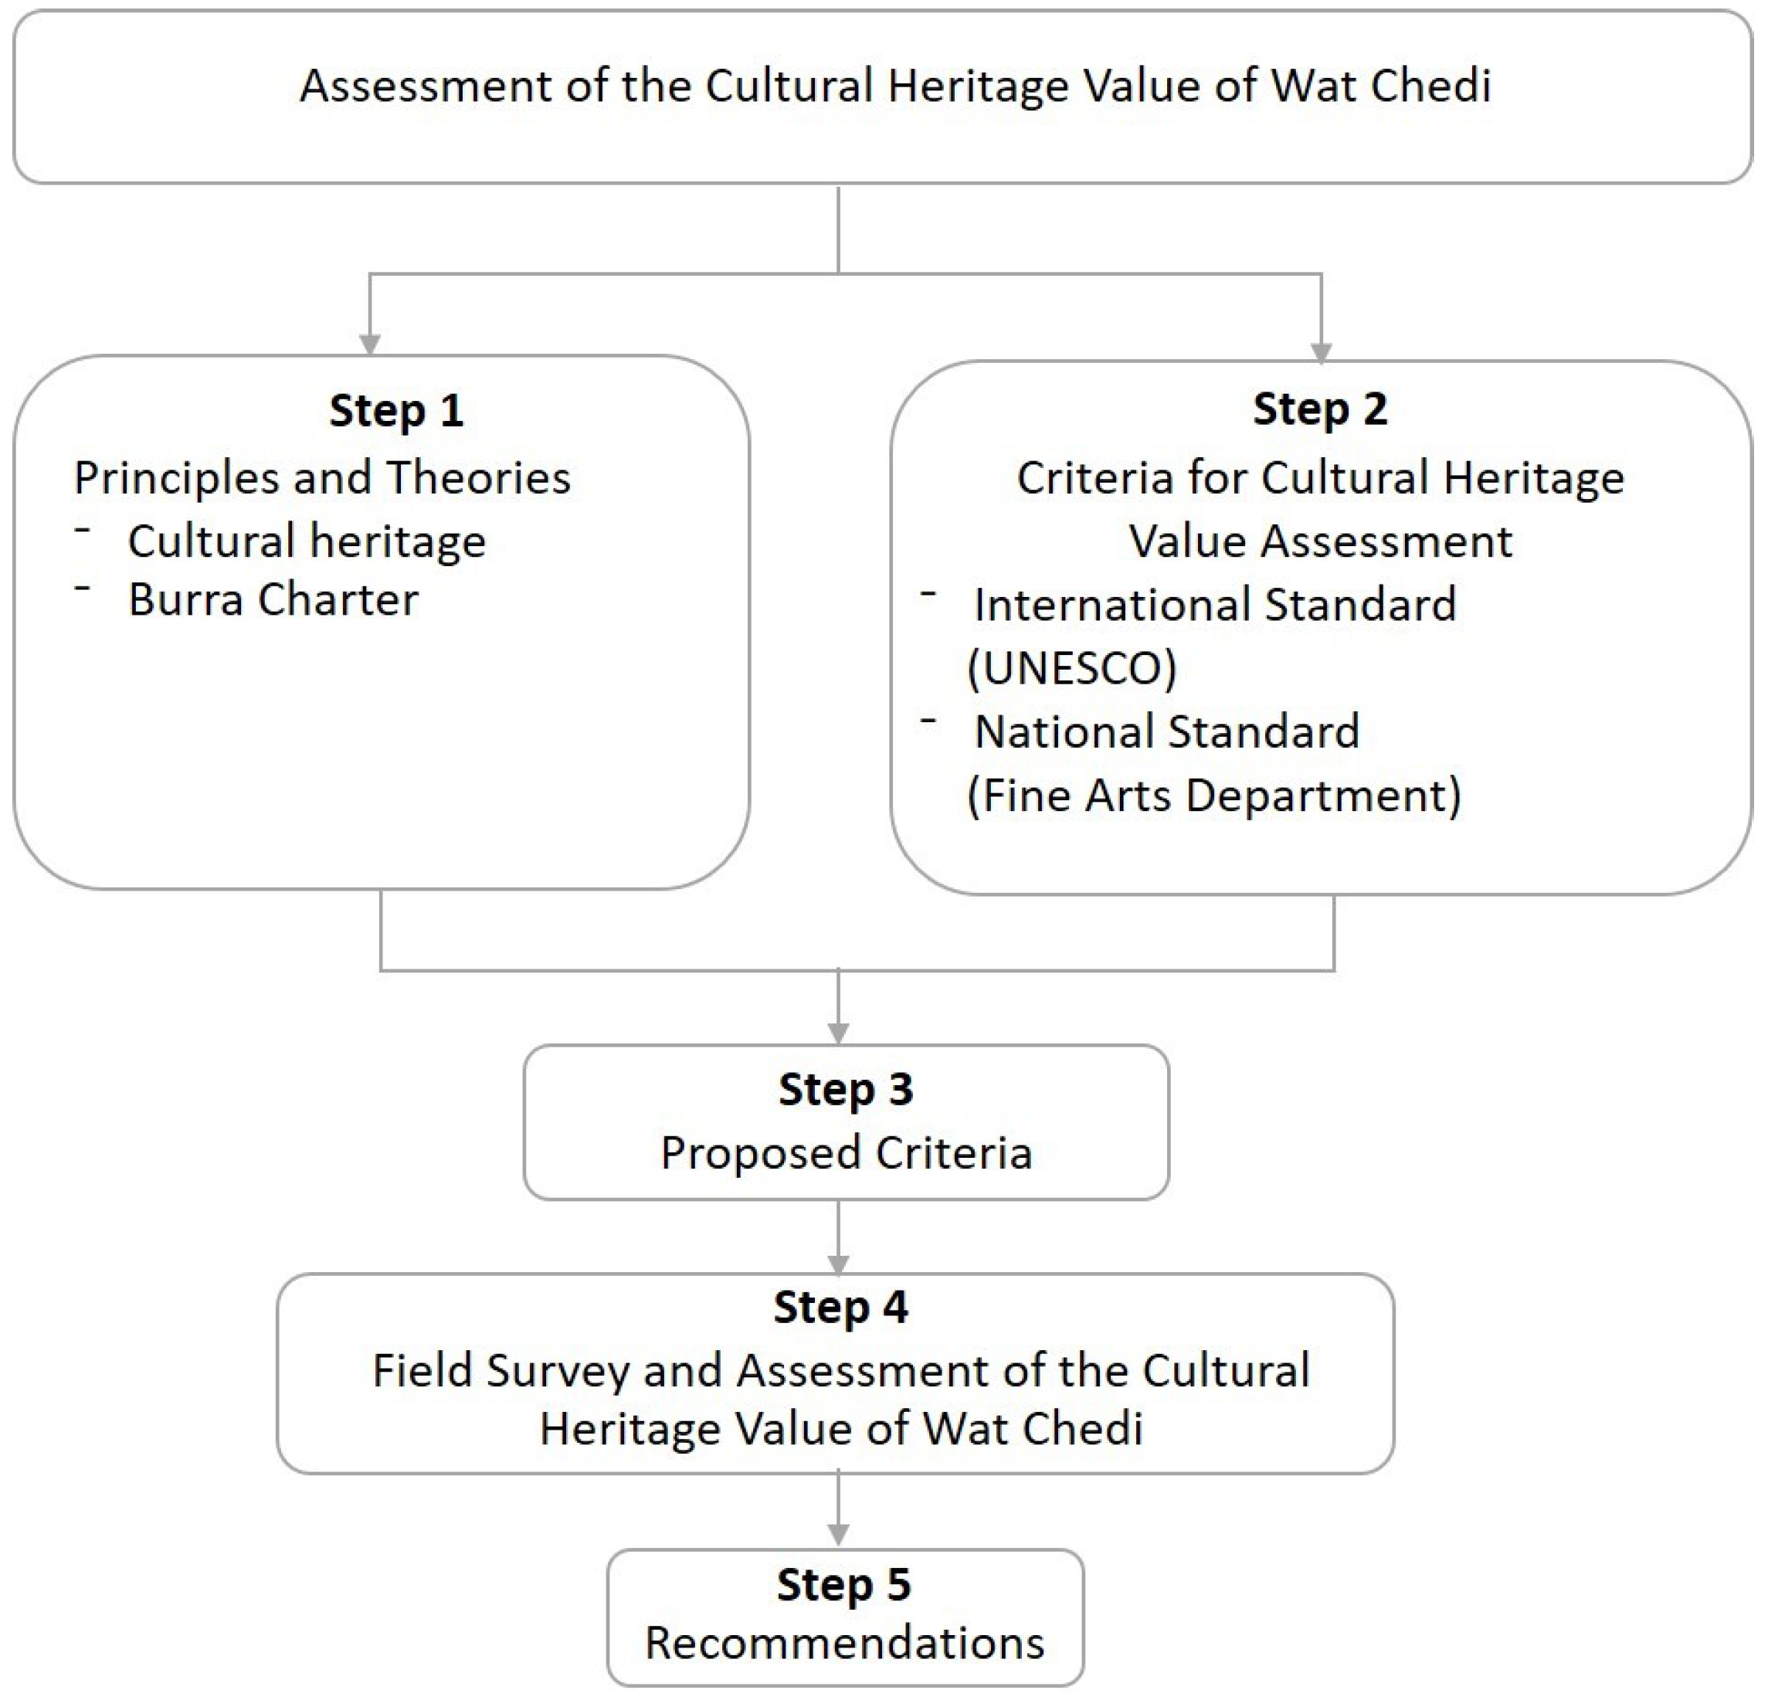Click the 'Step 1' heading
396,411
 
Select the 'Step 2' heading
1320,409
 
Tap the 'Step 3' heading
845,1090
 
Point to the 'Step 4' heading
840,1308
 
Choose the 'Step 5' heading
843,1585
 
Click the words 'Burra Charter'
273,599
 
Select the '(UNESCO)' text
1071,668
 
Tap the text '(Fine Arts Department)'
1213,796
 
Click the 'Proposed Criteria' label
846,1153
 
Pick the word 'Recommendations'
844,1642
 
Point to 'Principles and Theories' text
322,478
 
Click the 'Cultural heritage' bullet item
307,541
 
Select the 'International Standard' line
1214,604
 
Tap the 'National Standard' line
1166,731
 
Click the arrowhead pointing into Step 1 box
369,344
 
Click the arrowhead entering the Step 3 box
839,1033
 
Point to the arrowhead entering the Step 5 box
839,1534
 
